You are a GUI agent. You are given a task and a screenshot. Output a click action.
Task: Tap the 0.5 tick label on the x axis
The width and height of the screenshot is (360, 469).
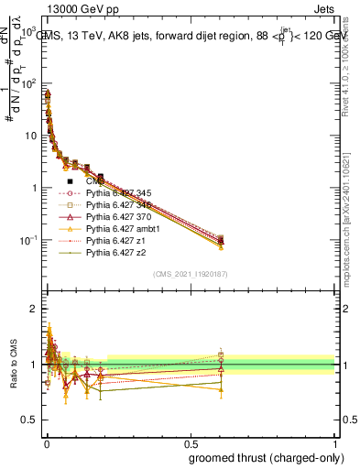[190, 442]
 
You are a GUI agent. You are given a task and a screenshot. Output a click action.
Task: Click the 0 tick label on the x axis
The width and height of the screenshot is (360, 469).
[46, 442]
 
